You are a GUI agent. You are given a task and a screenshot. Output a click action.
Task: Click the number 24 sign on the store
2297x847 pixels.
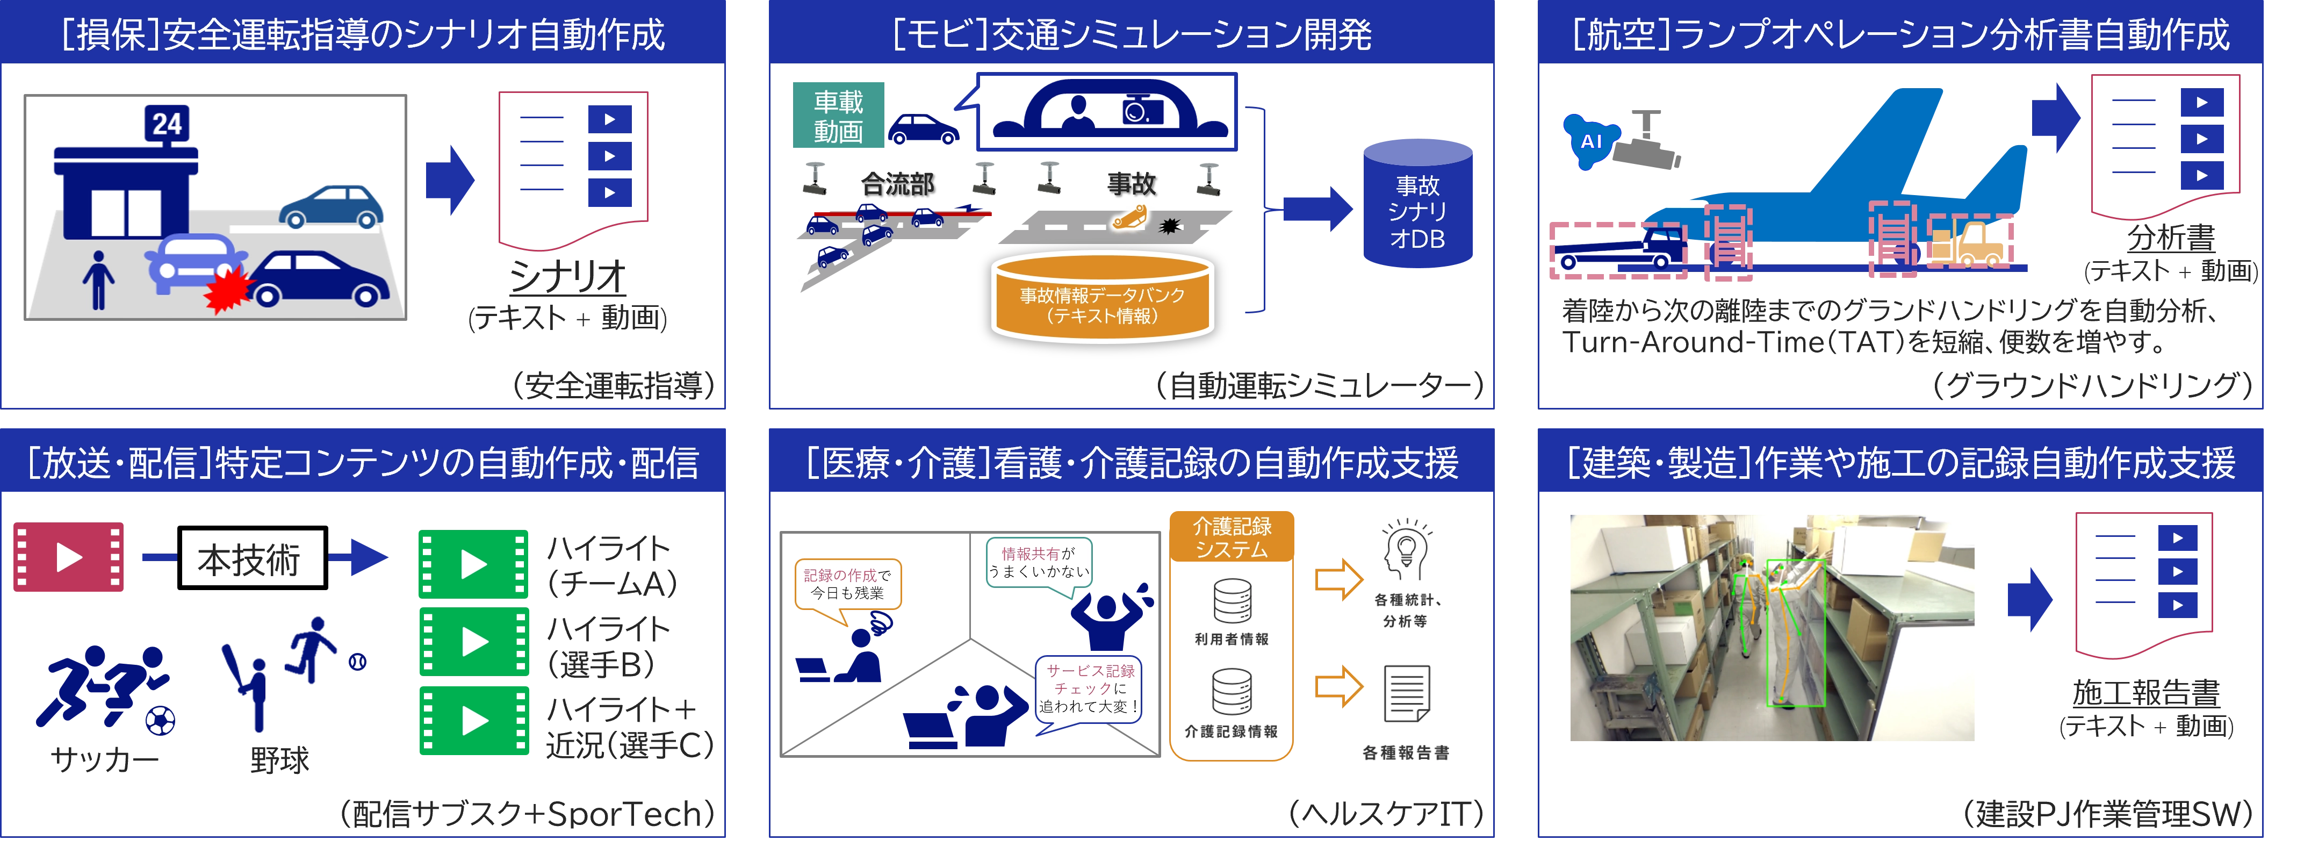[167, 124]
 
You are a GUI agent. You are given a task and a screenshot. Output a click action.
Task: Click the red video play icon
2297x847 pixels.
[69, 557]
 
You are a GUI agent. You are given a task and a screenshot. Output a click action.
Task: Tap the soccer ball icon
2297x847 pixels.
[161, 720]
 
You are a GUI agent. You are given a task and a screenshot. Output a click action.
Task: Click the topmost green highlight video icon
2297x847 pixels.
[473, 564]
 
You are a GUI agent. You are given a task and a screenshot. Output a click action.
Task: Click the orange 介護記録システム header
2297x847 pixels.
[1232, 537]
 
